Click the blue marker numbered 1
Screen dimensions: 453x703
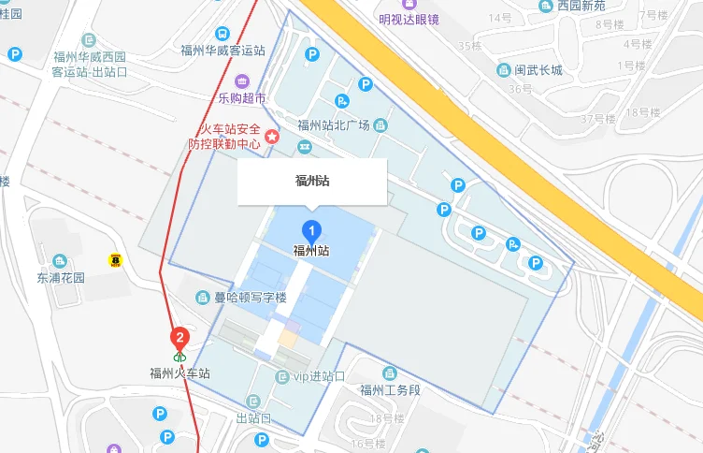pos(311,231)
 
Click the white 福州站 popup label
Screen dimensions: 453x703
pos(311,182)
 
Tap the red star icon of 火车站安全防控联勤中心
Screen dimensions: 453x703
pos(272,137)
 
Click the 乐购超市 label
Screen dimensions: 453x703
pos(242,97)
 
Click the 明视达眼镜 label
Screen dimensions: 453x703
pos(409,20)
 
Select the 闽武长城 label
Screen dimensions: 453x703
pos(538,70)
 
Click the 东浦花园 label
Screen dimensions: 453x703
pos(61,278)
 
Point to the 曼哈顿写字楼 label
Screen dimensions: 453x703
pos(251,298)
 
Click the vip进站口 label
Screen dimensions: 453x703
pos(320,376)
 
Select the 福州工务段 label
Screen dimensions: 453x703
pos(391,390)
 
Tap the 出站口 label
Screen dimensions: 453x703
pos(253,417)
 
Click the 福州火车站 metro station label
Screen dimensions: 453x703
pos(179,373)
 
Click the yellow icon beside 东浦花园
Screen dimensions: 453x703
pos(116,259)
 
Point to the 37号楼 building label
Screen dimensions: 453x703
pos(598,119)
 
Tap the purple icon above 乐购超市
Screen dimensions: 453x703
pos(242,80)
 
